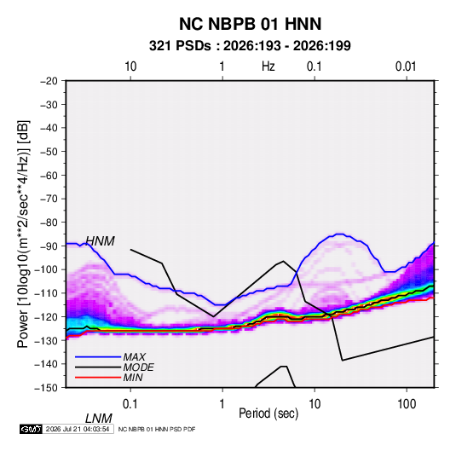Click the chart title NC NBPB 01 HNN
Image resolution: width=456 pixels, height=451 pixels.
pos(250,24)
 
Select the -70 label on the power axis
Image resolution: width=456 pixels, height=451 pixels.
pos(49,199)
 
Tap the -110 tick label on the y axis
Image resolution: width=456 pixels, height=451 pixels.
pos(46,293)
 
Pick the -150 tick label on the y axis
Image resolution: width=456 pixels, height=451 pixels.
pos(46,388)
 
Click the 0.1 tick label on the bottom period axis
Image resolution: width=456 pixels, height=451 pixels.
pos(130,404)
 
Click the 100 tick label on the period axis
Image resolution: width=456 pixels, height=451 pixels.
pos(407,404)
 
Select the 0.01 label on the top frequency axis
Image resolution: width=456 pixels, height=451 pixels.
pos(406,66)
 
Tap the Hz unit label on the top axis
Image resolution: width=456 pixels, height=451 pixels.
pos(268,66)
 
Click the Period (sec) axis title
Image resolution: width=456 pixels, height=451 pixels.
pos(268,413)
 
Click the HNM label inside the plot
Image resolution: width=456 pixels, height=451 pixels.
pos(101,241)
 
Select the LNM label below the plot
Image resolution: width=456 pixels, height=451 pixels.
pos(99,419)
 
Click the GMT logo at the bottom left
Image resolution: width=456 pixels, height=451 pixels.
pos(31,429)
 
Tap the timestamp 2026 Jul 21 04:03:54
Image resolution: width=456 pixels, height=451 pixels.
pos(78,429)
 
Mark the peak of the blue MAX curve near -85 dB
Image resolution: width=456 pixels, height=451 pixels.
pos(340,234)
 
